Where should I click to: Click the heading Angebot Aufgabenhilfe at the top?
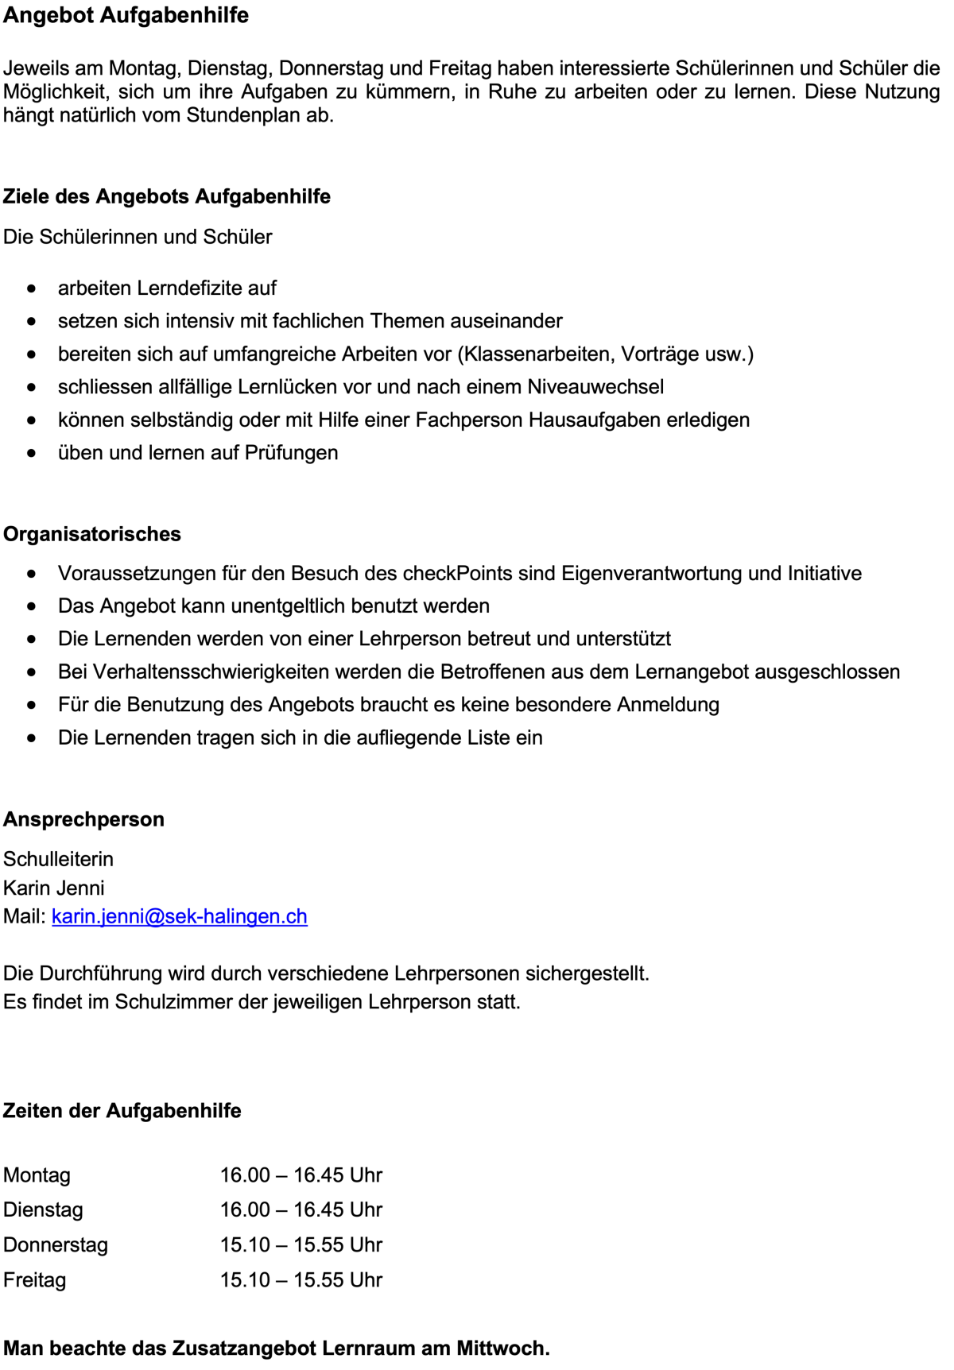126,16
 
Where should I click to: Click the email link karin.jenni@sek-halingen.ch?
180,916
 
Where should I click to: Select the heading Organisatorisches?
92,534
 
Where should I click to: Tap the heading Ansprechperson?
83,819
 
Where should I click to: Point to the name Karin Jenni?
54,888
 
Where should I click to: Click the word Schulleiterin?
58,859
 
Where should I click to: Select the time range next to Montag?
301,1175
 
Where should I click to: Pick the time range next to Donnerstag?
301,1245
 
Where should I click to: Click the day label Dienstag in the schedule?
43,1210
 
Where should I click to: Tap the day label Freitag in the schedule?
35,1280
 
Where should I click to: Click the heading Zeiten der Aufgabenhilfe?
122,1111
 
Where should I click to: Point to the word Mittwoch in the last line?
502,1349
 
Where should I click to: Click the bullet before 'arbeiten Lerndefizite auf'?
31,288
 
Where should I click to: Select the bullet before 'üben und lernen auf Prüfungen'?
31,453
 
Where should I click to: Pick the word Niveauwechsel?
595,387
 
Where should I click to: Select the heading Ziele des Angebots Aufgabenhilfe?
167,196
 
